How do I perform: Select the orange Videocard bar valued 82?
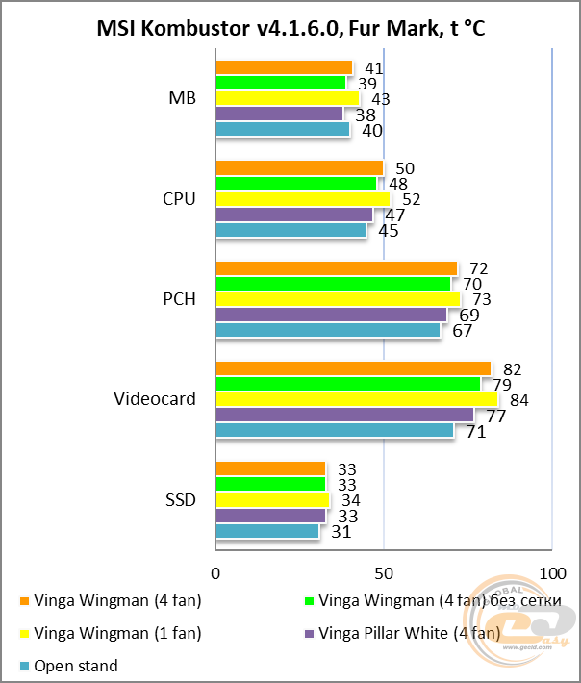tap(353, 369)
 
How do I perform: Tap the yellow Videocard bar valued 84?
tap(356, 399)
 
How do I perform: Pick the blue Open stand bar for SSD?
tap(266, 531)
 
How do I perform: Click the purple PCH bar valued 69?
tap(331, 315)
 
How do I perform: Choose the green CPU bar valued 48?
tap(295, 183)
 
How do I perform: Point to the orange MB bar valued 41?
tap(284, 67)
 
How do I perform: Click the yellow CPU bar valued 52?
tap(302, 199)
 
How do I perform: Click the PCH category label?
tap(180, 299)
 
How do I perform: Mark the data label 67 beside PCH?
tap(463, 331)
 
